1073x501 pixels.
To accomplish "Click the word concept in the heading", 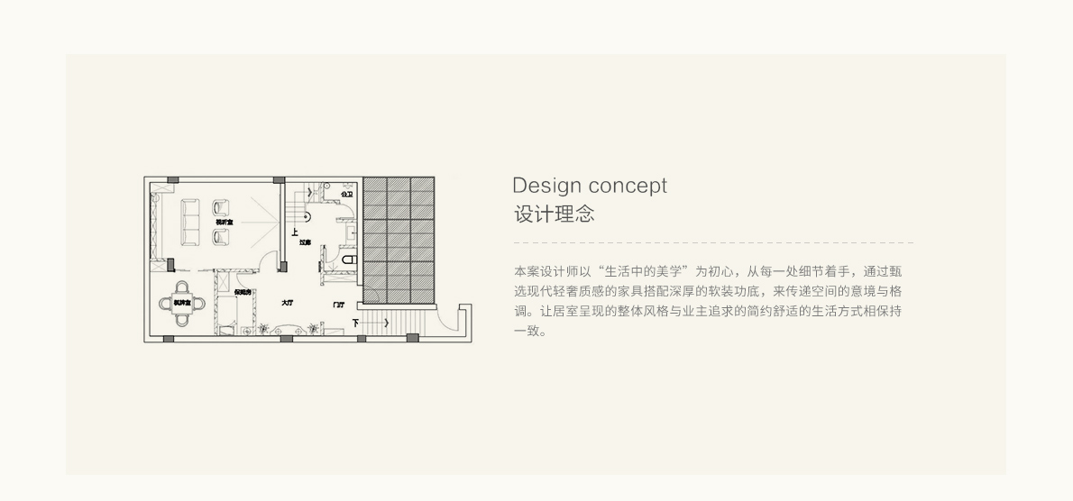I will click(627, 186).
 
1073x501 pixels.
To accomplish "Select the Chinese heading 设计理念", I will click(554, 214).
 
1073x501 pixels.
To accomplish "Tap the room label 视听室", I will click(223, 222).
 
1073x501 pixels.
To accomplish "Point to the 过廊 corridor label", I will click(305, 242).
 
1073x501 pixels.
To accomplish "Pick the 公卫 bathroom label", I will click(346, 194).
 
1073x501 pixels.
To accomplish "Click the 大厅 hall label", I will click(287, 303).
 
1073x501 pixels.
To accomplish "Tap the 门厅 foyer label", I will click(338, 305).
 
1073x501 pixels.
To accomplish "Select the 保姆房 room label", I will click(242, 292).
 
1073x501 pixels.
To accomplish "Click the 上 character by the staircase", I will click(295, 232).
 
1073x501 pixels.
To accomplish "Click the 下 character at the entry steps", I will click(356, 323).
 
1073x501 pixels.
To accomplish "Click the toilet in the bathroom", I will click(349, 260).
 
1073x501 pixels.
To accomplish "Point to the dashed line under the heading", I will click(712, 242).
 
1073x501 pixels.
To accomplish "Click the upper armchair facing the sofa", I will click(220, 209).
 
